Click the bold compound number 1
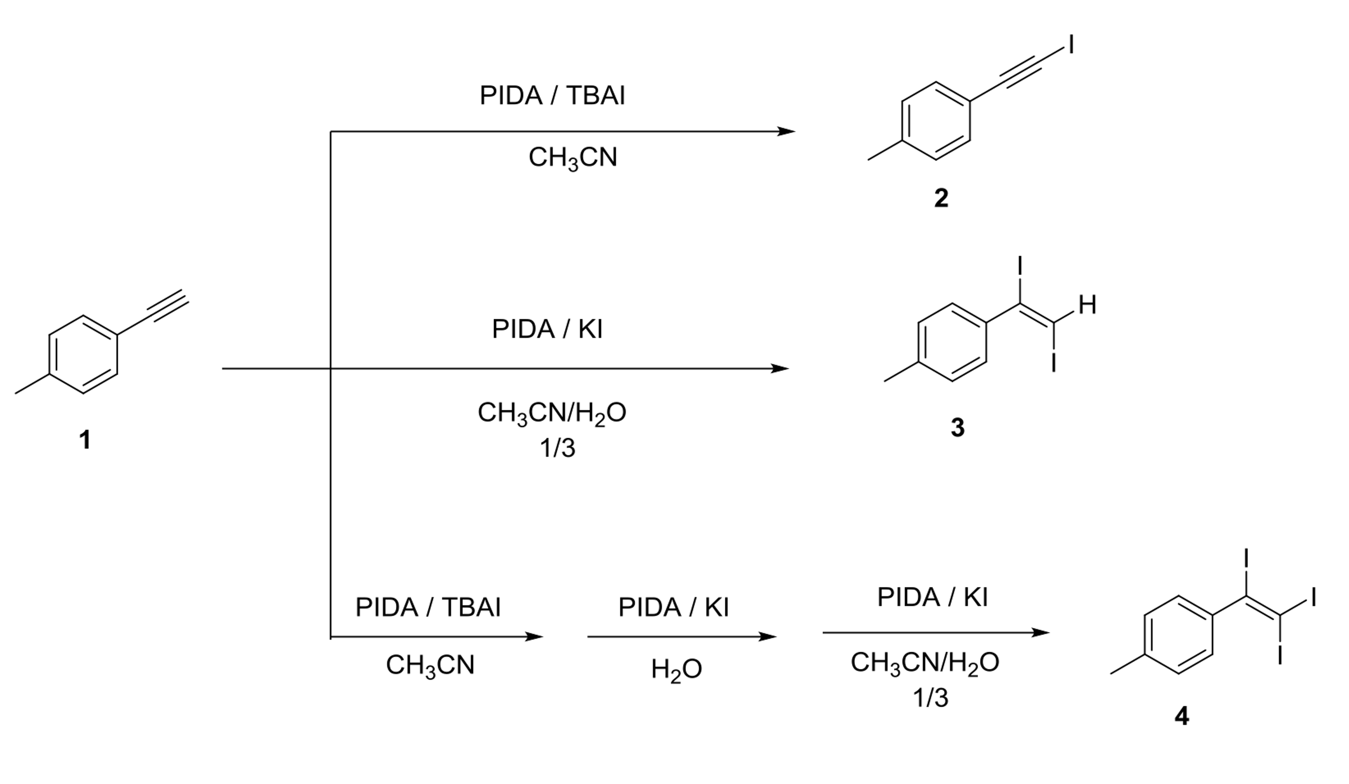tap(84, 441)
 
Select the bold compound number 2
tap(941, 199)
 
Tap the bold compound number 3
tap(958, 428)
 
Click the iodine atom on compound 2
tap(1071, 45)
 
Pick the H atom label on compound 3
tap(1087, 305)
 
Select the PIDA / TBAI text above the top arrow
tap(552, 96)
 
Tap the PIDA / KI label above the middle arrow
tap(547, 328)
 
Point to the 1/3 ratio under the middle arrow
tap(557, 448)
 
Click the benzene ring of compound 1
tap(84, 354)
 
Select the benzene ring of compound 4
tap(1178, 635)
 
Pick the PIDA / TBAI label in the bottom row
tap(428, 607)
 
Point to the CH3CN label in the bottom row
tap(430, 666)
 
